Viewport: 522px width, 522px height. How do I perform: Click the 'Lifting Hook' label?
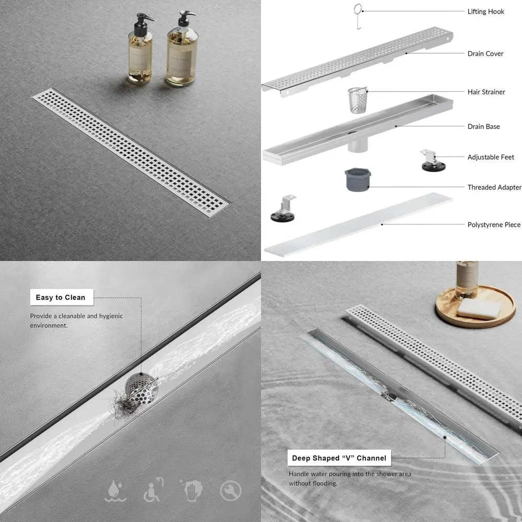coord(485,11)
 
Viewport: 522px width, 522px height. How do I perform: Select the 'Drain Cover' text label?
coord(485,54)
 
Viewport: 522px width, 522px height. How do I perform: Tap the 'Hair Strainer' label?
coord(486,92)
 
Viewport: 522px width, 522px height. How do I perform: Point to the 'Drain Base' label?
coord(483,126)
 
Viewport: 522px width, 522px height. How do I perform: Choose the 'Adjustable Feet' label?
coord(491,157)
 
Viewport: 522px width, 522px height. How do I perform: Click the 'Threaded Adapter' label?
coord(494,187)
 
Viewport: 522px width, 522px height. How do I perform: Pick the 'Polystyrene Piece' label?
coord(494,225)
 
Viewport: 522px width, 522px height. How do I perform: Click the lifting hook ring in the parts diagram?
coord(358,10)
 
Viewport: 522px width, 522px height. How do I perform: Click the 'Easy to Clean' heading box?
coord(61,298)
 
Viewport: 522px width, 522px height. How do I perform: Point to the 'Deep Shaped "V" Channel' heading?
coord(339,458)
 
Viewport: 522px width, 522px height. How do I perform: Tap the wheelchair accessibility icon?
coord(152,490)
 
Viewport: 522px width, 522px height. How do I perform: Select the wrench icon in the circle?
coord(230,491)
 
